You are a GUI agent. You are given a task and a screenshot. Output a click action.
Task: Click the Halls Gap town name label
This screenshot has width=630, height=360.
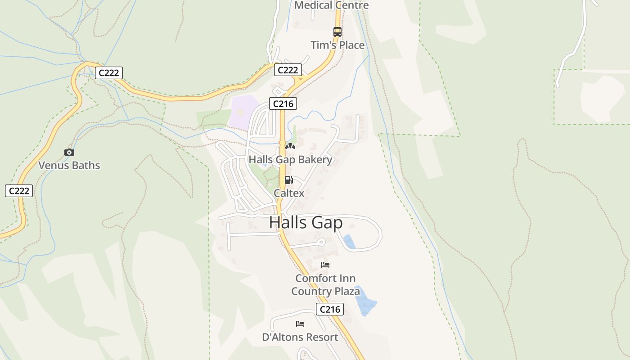coord(306,222)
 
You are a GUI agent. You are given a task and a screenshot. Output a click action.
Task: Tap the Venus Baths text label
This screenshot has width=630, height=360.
coord(69,165)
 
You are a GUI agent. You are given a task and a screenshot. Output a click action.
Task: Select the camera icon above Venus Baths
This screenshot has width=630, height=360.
coord(69,153)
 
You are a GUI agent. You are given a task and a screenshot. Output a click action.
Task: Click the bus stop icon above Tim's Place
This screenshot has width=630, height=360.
coord(337,31)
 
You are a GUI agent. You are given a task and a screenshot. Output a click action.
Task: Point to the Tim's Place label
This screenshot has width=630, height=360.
coord(337,45)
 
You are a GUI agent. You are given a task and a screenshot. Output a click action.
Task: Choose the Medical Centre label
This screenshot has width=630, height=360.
coord(332,5)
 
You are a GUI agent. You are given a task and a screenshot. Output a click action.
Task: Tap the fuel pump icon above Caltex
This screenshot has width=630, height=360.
coord(288,180)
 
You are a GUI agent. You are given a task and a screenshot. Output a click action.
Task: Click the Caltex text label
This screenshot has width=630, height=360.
coord(289,193)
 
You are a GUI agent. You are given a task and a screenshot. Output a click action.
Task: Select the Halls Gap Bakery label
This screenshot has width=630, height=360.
coord(290,160)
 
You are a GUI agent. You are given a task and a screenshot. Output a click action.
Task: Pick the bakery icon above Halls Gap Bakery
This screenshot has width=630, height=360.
coord(290,146)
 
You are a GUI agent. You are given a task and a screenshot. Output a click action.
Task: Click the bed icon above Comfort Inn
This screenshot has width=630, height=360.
coord(325,265)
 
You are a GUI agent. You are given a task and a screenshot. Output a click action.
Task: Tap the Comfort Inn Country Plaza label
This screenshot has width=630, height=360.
coord(325,285)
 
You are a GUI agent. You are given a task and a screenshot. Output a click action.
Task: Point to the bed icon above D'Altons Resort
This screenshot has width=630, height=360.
coord(300,324)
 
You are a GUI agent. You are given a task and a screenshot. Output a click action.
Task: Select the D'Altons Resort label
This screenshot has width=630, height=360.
coord(300,337)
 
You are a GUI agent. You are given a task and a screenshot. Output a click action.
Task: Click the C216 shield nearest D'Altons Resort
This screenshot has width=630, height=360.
coord(330,310)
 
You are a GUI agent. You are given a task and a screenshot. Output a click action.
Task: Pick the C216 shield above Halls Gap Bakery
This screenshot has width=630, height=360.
coord(283,104)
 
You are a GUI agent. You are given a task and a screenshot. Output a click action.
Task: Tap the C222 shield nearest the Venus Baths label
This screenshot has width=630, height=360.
coord(19,191)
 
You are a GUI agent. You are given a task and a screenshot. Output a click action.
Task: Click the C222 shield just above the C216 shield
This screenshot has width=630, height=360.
coord(288,70)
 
